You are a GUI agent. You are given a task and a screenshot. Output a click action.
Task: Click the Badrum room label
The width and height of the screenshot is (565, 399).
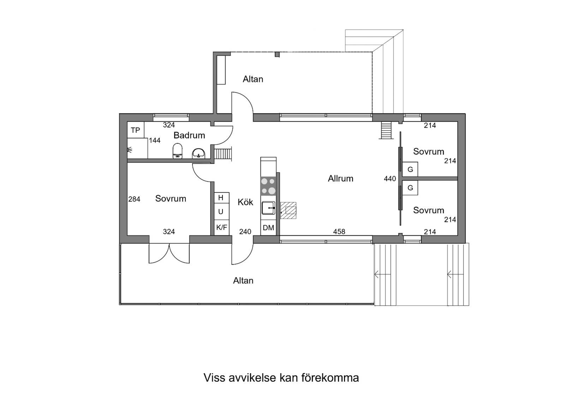click(189, 135)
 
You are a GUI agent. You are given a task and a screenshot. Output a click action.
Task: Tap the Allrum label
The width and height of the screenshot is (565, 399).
click(341, 179)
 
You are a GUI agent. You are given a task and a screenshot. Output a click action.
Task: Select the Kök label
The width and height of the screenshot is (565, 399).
click(245, 202)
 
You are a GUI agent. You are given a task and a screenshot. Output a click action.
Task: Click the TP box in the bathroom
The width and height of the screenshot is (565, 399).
click(135, 130)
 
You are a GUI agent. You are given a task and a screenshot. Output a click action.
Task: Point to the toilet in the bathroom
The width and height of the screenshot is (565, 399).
click(178, 151)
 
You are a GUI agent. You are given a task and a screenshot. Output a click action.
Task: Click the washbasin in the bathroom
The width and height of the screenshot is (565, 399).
click(199, 153)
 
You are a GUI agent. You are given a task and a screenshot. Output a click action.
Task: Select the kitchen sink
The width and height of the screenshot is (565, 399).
click(269, 208)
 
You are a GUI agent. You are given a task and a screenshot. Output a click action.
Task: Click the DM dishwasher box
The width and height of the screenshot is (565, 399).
click(269, 228)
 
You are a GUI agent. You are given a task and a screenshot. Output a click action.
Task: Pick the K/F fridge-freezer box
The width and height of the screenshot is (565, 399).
click(222, 228)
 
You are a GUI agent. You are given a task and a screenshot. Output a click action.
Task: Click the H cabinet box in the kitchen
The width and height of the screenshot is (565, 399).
click(222, 198)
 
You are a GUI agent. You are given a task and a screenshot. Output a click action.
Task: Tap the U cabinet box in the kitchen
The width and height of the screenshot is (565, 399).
click(222, 211)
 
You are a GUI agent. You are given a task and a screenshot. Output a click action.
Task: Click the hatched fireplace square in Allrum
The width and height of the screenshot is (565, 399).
click(288, 210)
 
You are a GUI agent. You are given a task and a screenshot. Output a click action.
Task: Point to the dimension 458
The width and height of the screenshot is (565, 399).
click(339, 232)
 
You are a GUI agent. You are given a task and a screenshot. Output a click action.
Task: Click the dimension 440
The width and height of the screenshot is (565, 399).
click(390, 179)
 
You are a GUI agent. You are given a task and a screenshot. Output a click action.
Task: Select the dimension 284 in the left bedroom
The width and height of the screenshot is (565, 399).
click(134, 199)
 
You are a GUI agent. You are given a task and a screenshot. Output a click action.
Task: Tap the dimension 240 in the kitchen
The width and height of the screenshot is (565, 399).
click(245, 232)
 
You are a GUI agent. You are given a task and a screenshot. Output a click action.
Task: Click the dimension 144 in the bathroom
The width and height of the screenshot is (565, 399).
click(154, 140)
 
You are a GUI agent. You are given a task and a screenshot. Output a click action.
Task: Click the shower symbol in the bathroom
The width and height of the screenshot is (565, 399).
click(129, 150)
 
